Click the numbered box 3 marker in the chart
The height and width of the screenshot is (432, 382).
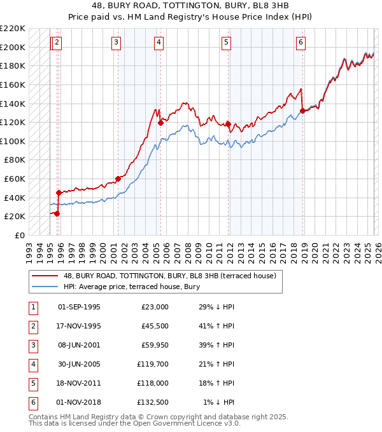117,43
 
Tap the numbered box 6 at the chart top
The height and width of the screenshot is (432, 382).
301,43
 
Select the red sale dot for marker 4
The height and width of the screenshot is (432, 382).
160,123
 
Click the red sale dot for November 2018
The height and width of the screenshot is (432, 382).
302,111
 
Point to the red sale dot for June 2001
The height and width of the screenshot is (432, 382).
118,179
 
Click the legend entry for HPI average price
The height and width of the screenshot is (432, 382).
131,287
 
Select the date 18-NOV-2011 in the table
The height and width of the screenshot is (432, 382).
79,383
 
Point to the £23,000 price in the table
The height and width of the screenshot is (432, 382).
153,307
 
